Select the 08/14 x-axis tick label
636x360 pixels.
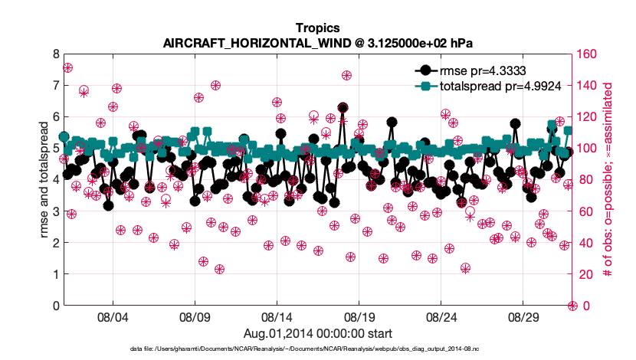pyautogui.click(x=277, y=317)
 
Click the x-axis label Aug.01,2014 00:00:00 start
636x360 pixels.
pyautogui.click(x=318, y=333)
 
